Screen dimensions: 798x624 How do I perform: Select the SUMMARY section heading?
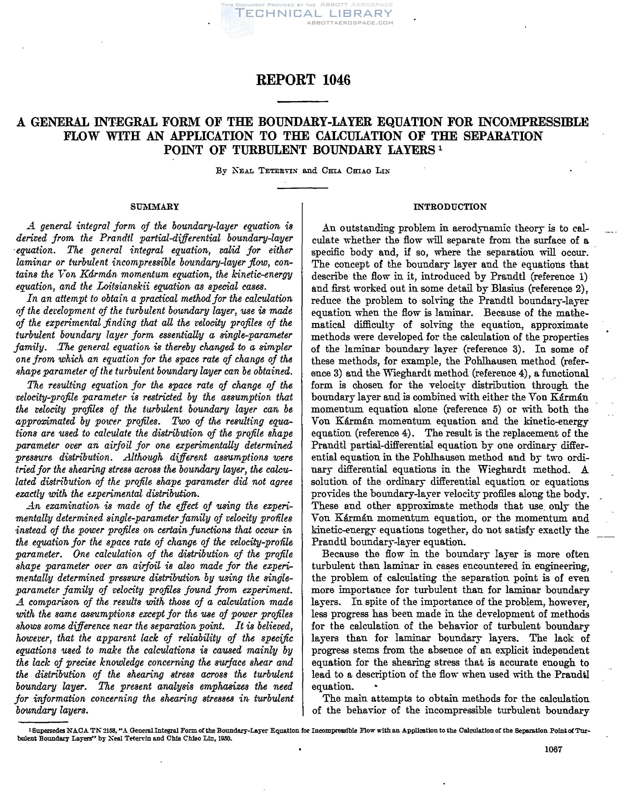155,207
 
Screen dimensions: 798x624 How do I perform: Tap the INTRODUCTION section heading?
450,207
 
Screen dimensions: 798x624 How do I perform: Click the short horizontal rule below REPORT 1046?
303,101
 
